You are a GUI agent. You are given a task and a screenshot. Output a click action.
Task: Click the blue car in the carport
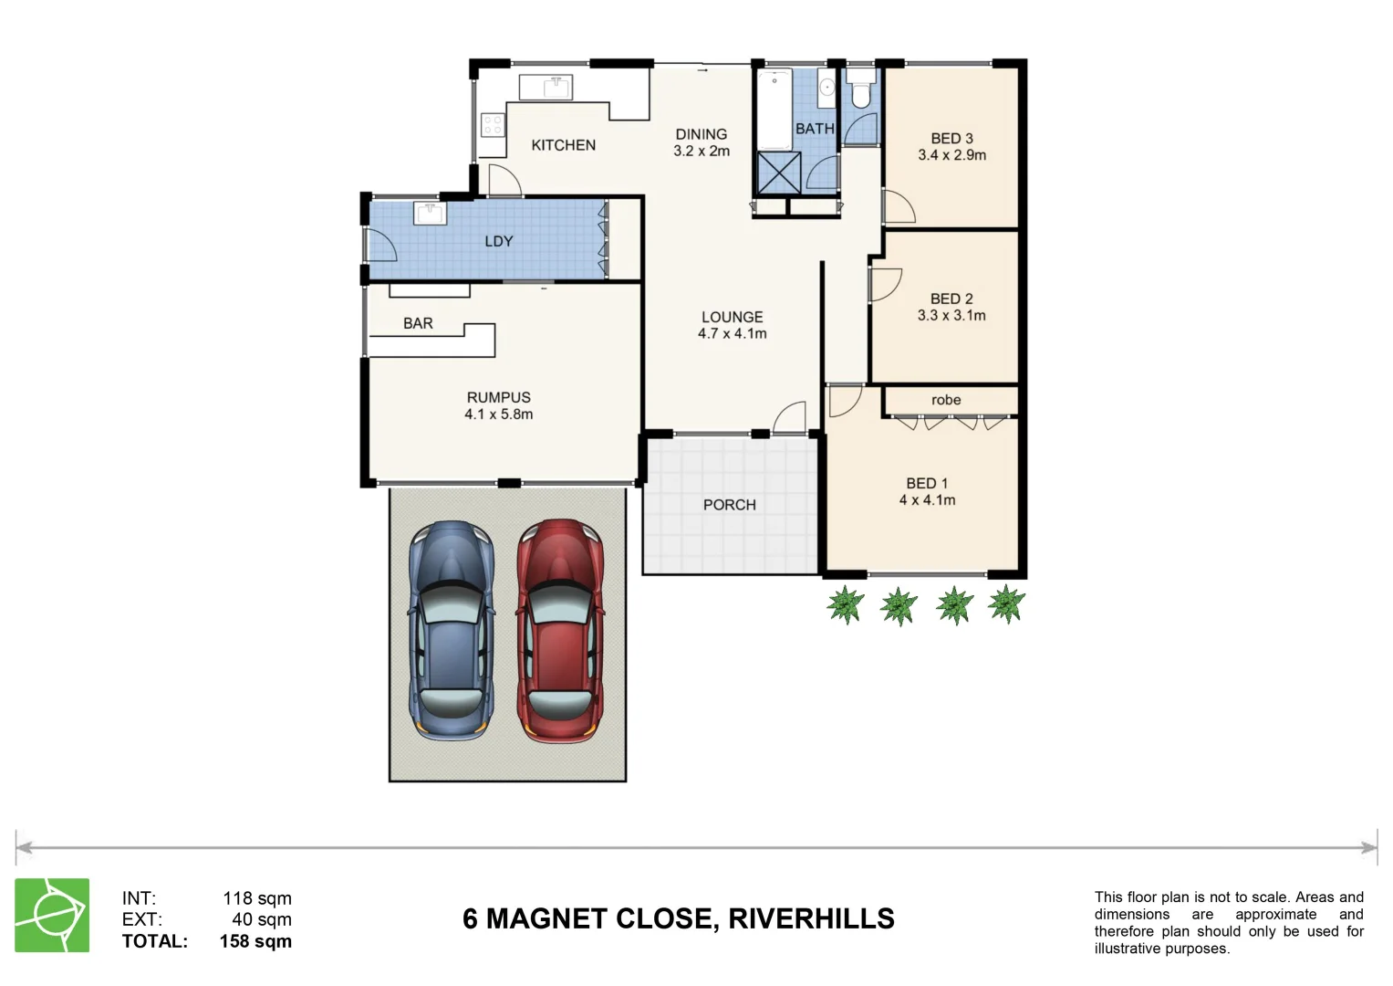click(x=452, y=630)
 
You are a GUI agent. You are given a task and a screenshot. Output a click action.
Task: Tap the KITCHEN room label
click(x=563, y=145)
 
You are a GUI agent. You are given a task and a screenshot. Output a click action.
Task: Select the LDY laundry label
click(x=498, y=241)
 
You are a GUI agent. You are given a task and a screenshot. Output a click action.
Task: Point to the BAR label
click(x=418, y=323)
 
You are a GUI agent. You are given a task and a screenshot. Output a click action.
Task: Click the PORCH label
click(x=729, y=505)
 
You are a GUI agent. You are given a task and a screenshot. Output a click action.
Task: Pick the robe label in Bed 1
click(x=946, y=400)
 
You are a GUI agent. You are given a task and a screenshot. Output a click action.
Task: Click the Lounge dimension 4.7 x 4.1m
click(x=732, y=334)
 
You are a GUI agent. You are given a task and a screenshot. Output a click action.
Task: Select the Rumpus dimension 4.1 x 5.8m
click(x=498, y=414)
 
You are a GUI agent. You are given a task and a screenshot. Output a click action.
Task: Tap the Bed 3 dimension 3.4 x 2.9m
click(x=951, y=155)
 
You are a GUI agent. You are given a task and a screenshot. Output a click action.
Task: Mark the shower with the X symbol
click(x=779, y=173)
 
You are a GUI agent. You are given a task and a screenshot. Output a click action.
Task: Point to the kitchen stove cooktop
click(x=493, y=124)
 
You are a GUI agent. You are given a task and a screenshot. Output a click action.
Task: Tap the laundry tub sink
click(x=429, y=214)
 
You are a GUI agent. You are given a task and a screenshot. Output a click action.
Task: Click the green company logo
click(x=52, y=915)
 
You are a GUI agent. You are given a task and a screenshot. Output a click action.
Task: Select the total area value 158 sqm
click(x=255, y=941)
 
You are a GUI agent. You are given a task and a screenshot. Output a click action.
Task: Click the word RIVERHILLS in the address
click(x=811, y=918)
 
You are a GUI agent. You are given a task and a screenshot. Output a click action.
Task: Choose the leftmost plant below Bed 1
click(x=845, y=604)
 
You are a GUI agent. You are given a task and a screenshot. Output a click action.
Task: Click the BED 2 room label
click(x=951, y=299)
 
